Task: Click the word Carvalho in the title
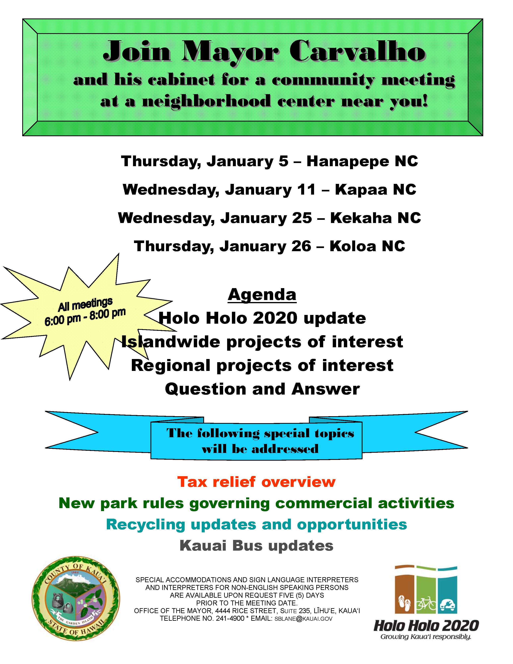(x=357, y=51)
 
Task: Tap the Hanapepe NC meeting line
(x=269, y=161)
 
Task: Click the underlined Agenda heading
(x=262, y=294)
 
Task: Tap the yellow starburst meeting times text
(x=85, y=312)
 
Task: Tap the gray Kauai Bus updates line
(x=256, y=546)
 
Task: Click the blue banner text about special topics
(x=260, y=441)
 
